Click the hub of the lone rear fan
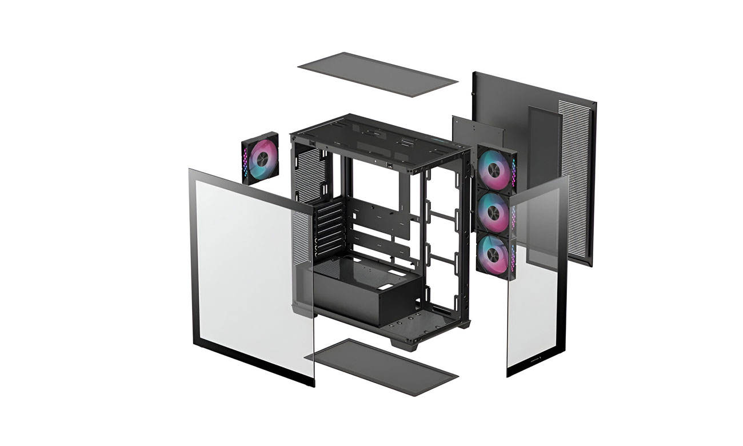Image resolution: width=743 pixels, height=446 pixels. [261, 158]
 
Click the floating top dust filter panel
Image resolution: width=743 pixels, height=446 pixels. [378, 74]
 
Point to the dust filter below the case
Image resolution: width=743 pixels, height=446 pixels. [381, 366]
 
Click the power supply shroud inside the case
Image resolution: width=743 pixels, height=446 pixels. [366, 289]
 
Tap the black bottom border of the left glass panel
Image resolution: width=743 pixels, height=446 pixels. [251, 357]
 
